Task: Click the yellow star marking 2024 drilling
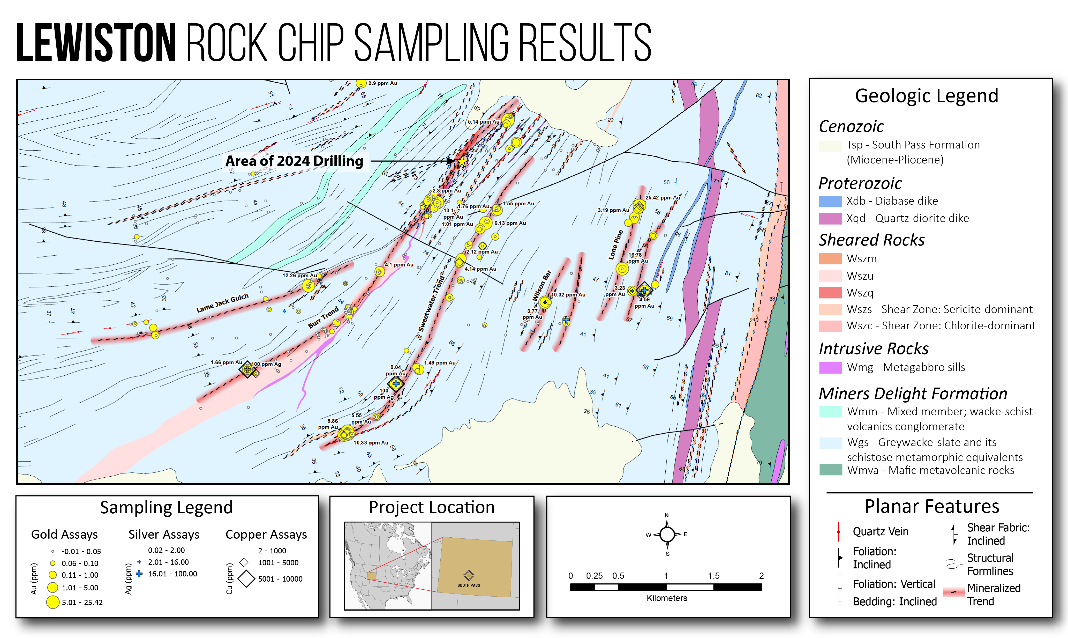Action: [x=461, y=162]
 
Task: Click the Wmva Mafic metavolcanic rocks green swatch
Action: [x=830, y=470]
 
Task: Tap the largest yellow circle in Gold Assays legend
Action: [x=52, y=602]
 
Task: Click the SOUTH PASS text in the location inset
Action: [x=468, y=585]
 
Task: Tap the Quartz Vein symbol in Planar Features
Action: [x=838, y=532]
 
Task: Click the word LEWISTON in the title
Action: [x=96, y=43]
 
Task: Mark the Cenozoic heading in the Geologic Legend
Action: [x=851, y=127]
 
